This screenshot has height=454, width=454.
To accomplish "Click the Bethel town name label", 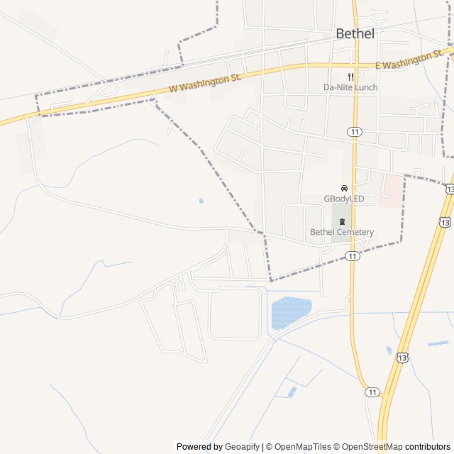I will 355,33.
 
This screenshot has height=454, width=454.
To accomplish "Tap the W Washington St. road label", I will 206,83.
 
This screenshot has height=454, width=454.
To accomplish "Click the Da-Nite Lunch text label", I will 350,87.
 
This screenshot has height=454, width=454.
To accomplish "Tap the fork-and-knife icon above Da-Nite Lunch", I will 350,77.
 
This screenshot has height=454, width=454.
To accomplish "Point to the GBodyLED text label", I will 343,199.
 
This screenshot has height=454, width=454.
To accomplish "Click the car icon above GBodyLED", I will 344,188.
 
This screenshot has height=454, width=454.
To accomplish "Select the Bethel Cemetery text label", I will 342,232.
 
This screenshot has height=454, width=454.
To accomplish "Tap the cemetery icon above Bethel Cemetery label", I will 342,222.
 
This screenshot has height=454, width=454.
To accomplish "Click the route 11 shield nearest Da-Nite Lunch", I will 353,131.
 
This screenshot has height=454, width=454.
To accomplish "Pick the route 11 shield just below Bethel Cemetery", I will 353,255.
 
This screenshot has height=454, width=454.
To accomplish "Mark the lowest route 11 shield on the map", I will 372,392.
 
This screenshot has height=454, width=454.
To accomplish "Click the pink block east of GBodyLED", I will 389,191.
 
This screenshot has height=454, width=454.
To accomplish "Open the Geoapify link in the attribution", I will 243,447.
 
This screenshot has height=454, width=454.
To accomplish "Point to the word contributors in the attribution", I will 428,447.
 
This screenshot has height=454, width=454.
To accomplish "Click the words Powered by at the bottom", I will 199,447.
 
